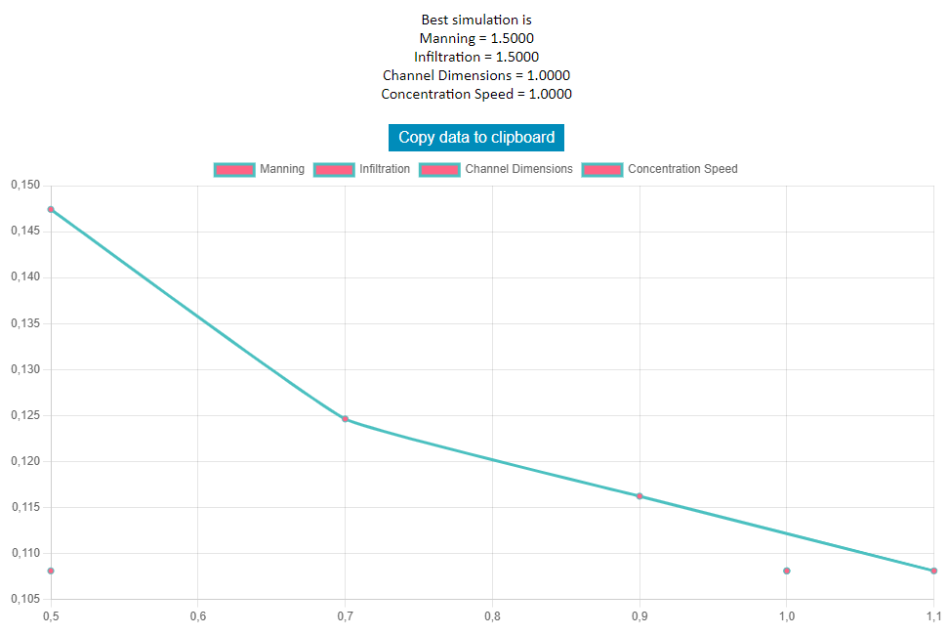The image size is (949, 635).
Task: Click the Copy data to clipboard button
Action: (x=476, y=138)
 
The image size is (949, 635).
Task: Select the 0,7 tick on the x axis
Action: (x=345, y=616)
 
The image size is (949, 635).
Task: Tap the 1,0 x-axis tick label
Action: (x=786, y=616)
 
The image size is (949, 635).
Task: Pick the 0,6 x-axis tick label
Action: (x=197, y=616)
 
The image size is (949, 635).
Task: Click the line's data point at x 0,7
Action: (x=345, y=419)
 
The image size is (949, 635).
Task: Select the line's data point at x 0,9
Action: (x=640, y=496)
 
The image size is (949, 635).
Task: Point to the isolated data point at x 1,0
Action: (x=786, y=571)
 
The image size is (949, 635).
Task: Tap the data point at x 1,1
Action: (x=933, y=571)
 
